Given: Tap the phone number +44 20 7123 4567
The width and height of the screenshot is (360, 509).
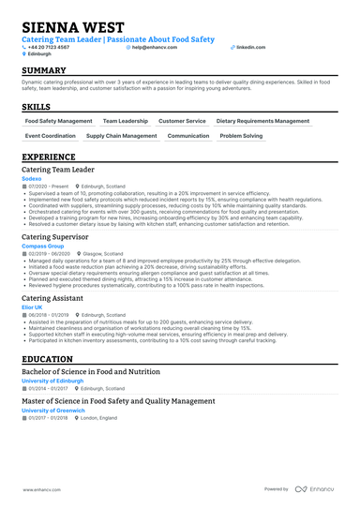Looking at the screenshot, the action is [x=56, y=47].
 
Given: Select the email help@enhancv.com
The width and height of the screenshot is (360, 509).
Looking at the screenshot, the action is [x=158, y=47].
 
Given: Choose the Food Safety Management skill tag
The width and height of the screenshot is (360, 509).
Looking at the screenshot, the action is [x=59, y=121].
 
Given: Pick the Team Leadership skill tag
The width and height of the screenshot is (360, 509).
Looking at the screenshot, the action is [x=126, y=121].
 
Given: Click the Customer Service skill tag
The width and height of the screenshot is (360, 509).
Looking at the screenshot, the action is [x=182, y=121].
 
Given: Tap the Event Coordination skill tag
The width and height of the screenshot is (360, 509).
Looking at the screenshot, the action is [x=50, y=136].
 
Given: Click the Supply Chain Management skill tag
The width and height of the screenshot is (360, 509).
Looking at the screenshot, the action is [x=122, y=136].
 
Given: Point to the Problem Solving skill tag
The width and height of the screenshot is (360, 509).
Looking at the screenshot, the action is [x=242, y=136].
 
